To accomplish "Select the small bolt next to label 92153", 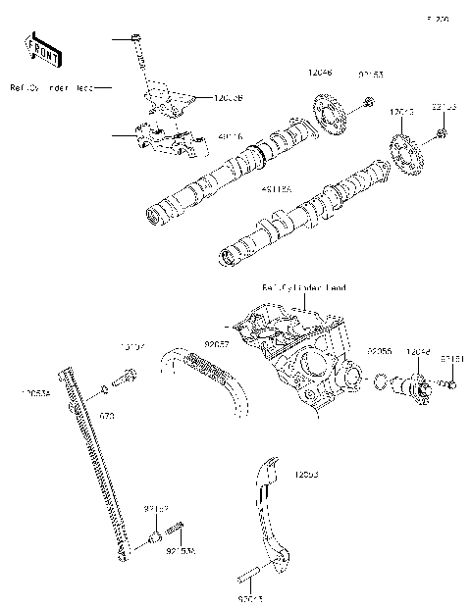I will pyautogui.click(x=367, y=101).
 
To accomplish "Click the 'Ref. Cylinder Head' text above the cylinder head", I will pyautogui.click(x=303, y=287).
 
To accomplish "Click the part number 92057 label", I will pyautogui.click(x=217, y=345).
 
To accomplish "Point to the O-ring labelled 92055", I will pyautogui.click(x=379, y=380).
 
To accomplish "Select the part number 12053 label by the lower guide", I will pyautogui.click(x=306, y=474).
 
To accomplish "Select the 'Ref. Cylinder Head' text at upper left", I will pyautogui.click(x=51, y=88).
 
